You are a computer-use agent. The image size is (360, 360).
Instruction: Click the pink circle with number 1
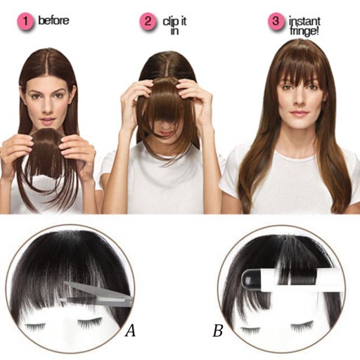(25, 21)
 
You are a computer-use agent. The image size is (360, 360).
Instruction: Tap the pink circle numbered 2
(148, 21)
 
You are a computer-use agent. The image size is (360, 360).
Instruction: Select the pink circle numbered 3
(276, 21)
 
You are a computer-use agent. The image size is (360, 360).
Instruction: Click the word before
(53, 20)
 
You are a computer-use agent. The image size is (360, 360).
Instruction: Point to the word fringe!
(304, 31)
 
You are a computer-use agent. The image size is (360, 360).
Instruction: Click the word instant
(304, 21)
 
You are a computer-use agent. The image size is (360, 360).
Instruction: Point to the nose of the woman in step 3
(298, 100)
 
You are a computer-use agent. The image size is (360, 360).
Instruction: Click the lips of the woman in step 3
(298, 113)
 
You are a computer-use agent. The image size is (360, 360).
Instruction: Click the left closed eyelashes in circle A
(36, 327)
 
